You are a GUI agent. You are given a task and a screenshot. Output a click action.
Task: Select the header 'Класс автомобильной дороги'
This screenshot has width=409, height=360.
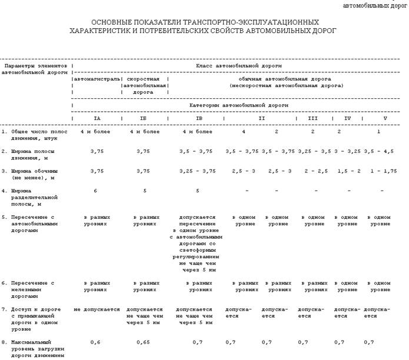(238, 65)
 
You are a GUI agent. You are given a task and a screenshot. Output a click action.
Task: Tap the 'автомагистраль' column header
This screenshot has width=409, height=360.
(97, 78)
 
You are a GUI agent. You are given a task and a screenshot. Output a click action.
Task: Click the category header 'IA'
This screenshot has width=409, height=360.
(97, 118)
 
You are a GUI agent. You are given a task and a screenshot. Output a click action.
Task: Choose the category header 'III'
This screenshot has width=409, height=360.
(312, 118)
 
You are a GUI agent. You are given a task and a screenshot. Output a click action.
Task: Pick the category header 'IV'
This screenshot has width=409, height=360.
(347, 118)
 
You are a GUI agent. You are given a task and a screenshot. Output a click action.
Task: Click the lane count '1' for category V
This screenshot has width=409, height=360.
(379, 131)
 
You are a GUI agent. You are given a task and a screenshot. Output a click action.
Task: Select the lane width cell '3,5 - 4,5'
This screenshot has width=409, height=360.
(379, 151)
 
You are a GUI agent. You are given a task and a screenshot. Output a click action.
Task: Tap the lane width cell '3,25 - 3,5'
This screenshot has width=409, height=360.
(312, 151)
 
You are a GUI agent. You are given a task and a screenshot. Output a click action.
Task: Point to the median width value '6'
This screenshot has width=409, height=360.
(95, 191)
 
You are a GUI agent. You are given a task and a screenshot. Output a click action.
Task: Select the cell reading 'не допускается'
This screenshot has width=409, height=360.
(97, 309)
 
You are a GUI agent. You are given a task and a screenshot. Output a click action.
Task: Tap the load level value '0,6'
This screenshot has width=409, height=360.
(96, 342)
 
